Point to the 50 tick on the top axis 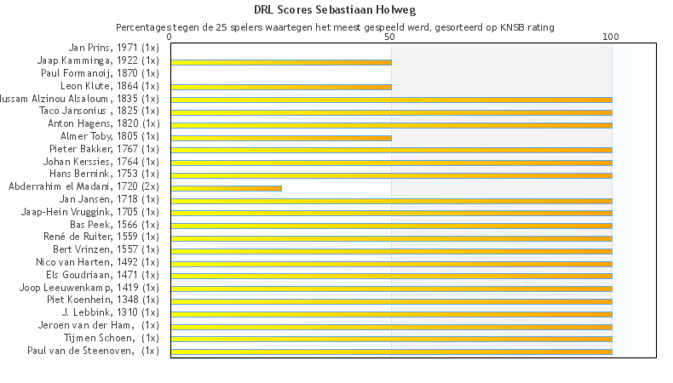[x=390, y=38]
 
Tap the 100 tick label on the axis [x=611, y=38]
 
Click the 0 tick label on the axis [x=170, y=38]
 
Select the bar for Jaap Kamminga [x=281, y=62]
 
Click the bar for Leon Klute [x=281, y=87]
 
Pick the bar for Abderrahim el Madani [x=226, y=187]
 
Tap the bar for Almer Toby [x=281, y=137]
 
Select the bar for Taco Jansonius [x=391, y=112]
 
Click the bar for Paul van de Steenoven [x=391, y=351]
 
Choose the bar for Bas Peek [x=391, y=226]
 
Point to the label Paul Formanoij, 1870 [x=100, y=73]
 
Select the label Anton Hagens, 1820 [x=103, y=123]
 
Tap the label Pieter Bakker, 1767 [x=103, y=149]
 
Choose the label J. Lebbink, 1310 [x=110, y=312]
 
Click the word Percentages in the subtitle [x=148, y=27]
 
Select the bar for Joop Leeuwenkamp [x=391, y=288]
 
